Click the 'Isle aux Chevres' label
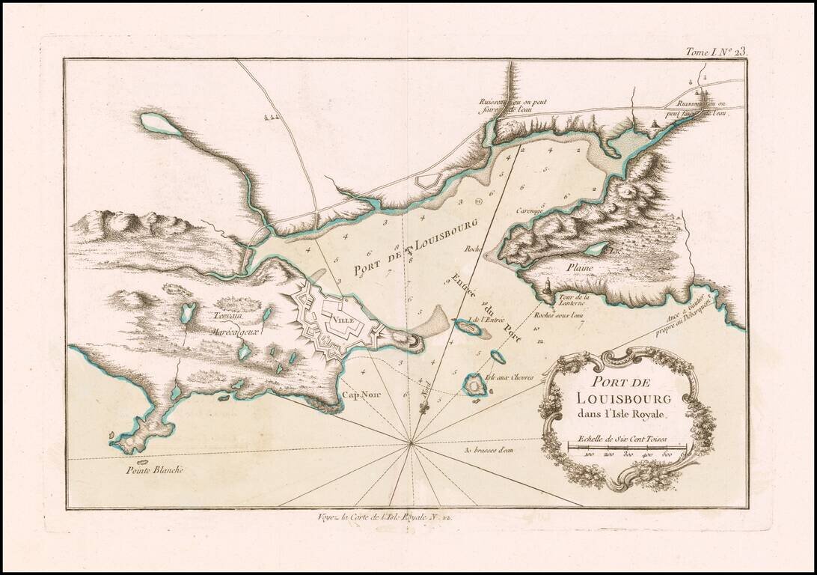(x=510, y=378)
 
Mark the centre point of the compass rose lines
(x=411, y=445)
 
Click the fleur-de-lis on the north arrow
(x=424, y=408)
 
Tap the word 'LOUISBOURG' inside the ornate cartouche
(x=619, y=398)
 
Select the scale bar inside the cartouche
(x=627, y=448)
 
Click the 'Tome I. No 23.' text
(x=715, y=52)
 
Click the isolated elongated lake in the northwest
(x=160, y=124)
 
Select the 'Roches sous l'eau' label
(x=559, y=316)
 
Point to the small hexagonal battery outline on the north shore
(x=428, y=180)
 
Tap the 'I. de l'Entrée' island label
(x=483, y=320)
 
